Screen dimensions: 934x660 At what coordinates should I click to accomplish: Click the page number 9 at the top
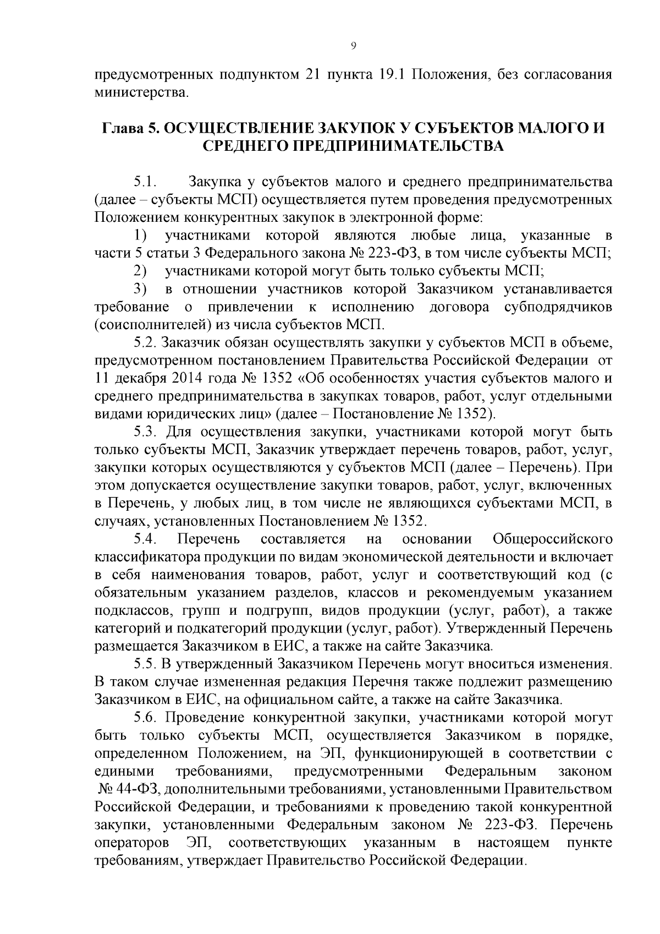tap(353, 46)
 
